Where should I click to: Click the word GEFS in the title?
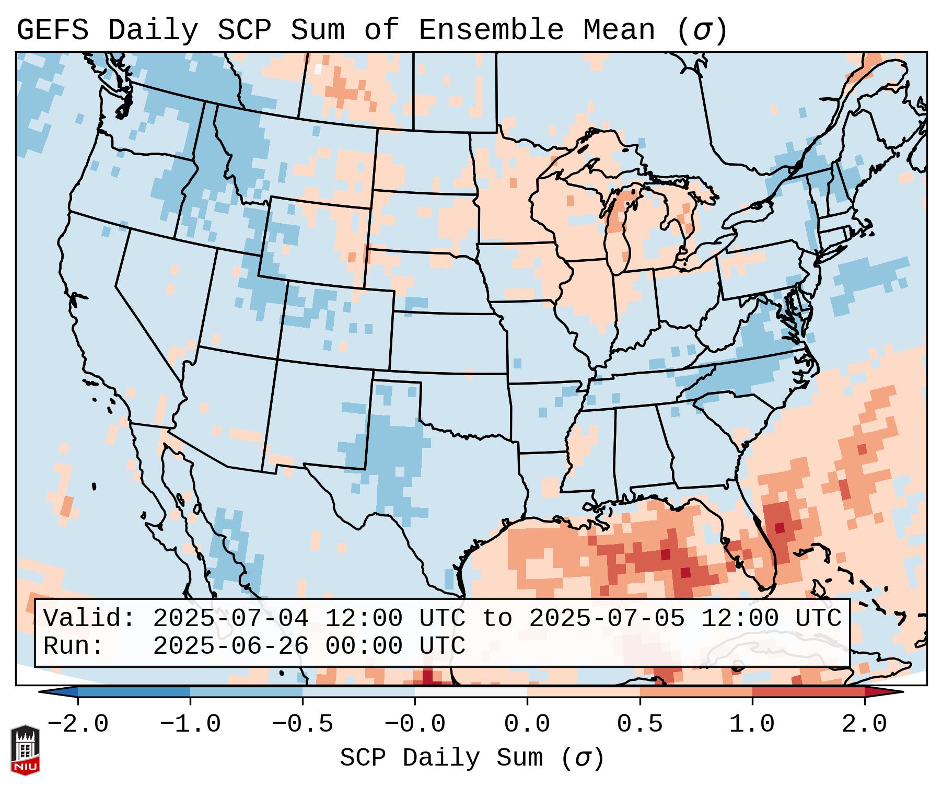pyautogui.click(x=52, y=30)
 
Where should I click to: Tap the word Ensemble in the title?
pyautogui.click(x=491, y=30)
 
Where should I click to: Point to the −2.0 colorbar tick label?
pyautogui.click(x=78, y=724)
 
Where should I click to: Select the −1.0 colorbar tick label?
pyautogui.click(x=190, y=724)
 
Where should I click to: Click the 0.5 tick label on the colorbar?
pyautogui.click(x=639, y=724)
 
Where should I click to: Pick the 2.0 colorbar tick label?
pyautogui.click(x=864, y=724)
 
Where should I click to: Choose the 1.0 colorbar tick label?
pyautogui.click(x=752, y=724)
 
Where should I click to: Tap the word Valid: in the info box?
pyautogui.click(x=89, y=619)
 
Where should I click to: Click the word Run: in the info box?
pyautogui.click(x=74, y=646)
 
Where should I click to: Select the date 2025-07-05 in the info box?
pyautogui.click(x=607, y=619)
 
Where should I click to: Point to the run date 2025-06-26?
pyautogui.click(x=230, y=646)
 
